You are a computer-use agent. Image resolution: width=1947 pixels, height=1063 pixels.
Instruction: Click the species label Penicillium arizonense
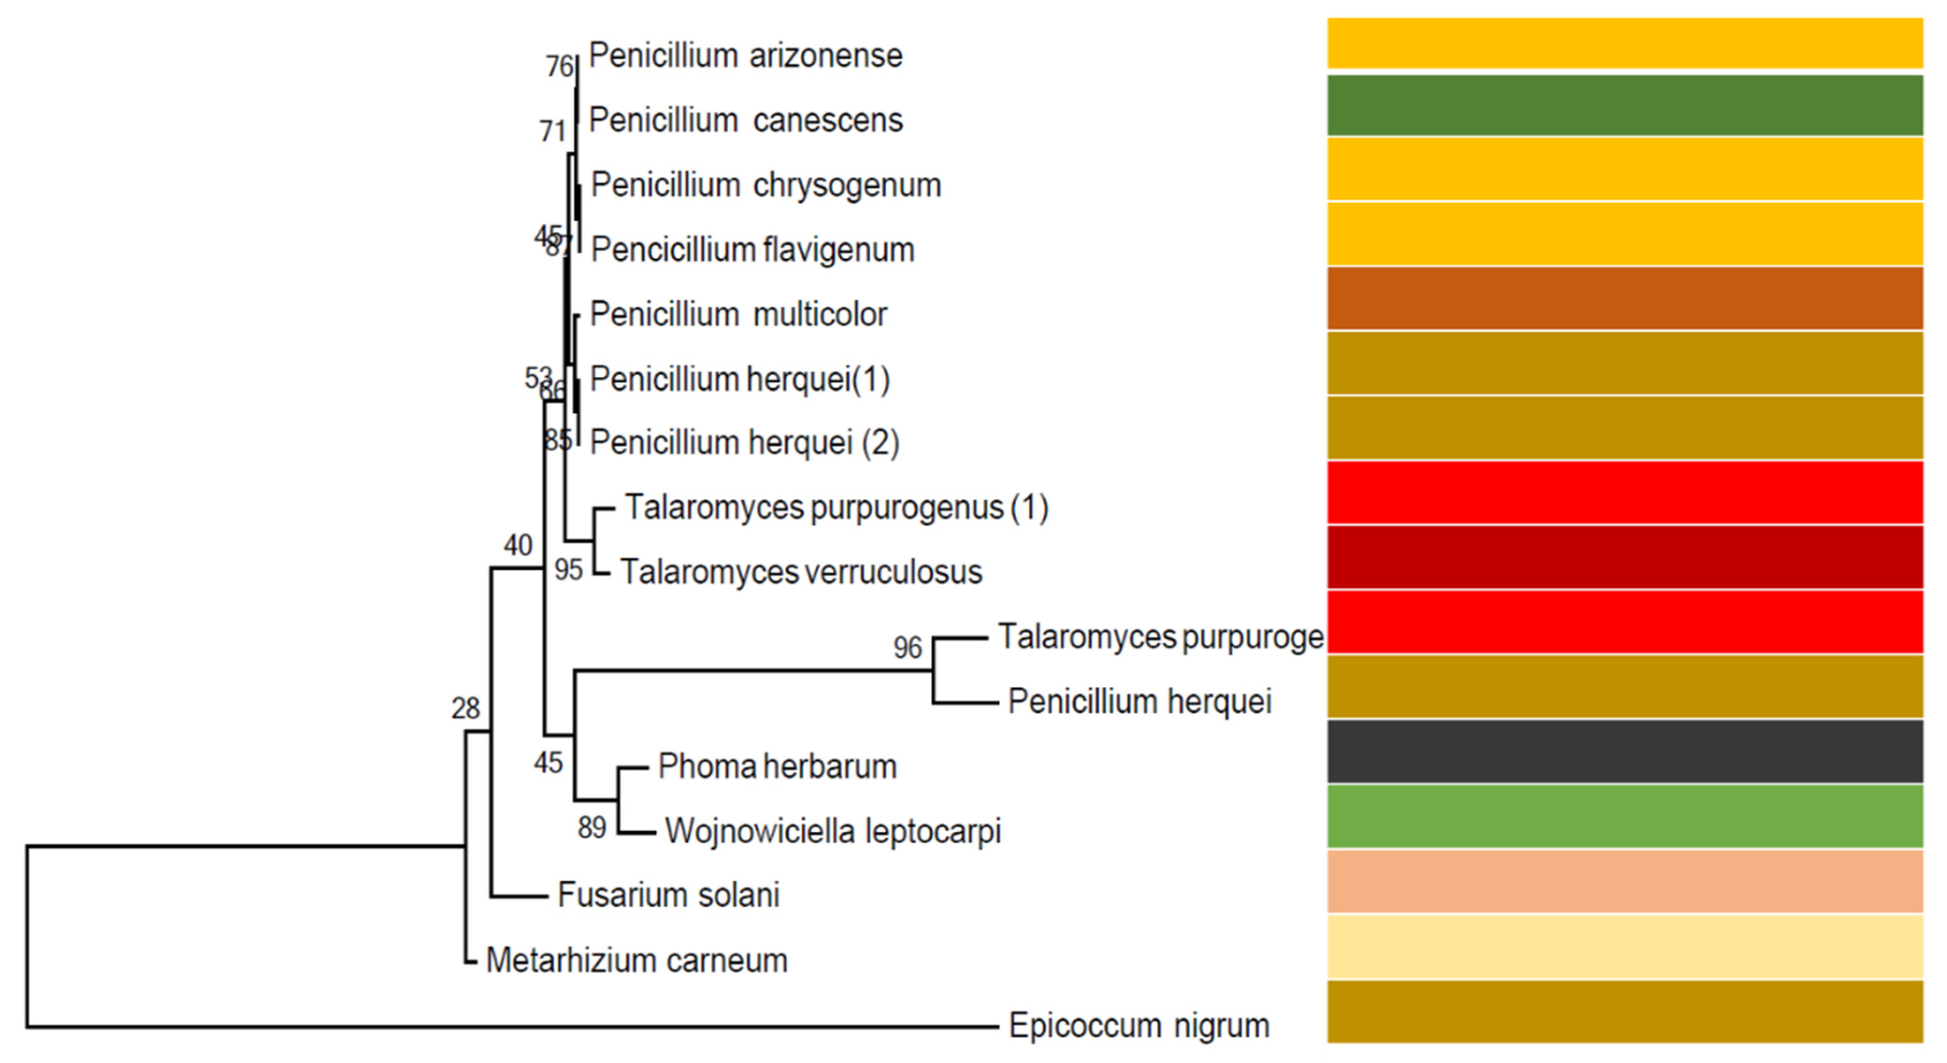pyautogui.click(x=745, y=56)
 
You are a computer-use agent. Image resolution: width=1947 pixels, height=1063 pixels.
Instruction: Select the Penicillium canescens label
pyautogui.click(x=745, y=120)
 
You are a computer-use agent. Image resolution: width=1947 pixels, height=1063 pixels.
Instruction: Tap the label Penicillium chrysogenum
pyautogui.click(x=766, y=185)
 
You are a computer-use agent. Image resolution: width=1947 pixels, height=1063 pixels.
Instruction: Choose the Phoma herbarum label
pyautogui.click(x=777, y=767)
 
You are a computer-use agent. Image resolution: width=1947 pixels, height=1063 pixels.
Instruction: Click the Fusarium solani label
pyautogui.click(x=668, y=895)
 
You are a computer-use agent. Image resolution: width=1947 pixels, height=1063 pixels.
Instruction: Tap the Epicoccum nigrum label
pyautogui.click(x=1139, y=1026)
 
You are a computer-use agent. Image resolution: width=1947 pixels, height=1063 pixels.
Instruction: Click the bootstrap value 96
pyautogui.click(x=908, y=648)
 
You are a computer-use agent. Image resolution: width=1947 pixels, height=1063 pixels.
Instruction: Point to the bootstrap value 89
pyautogui.click(x=592, y=828)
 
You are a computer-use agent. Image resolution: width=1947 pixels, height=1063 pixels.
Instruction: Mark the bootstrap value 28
pyautogui.click(x=466, y=708)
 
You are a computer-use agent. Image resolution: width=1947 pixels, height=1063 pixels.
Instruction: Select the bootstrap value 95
pyautogui.click(x=568, y=570)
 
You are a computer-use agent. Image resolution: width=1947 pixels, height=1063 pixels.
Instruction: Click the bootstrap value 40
pyautogui.click(x=518, y=545)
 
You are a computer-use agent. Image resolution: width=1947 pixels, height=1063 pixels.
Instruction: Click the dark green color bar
pyautogui.click(x=1625, y=105)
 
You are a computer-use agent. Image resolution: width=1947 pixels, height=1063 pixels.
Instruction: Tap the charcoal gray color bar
pyautogui.click(x=1625, y=752)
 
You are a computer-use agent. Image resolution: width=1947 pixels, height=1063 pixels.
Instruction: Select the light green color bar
pyautogui.click(x=1625, y=817)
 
